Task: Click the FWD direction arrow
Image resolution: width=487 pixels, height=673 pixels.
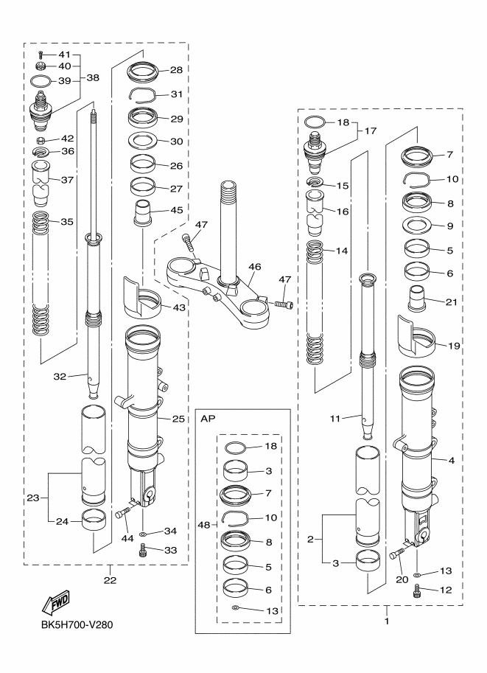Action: (56, 605)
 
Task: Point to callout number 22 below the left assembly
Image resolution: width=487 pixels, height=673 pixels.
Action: (109, 579)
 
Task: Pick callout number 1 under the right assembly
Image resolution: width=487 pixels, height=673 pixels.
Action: (385, 621)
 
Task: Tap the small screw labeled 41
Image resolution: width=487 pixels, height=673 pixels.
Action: (42, 56)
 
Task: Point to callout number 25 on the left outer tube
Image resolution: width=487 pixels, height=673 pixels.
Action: (178, 419)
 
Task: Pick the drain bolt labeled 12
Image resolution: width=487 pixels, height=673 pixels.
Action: (417, 590)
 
